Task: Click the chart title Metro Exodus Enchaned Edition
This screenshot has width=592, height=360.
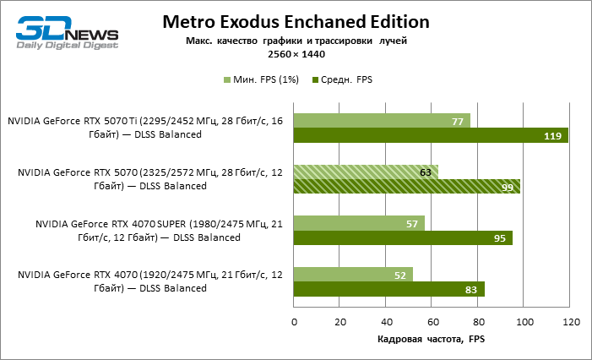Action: pos(296,21)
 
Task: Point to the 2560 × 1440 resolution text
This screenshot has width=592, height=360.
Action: pos(296,54)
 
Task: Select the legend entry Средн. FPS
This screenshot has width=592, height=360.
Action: pos(342,79)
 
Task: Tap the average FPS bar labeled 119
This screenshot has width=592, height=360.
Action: pos(431,135)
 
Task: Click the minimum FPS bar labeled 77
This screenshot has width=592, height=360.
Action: pos(382,122)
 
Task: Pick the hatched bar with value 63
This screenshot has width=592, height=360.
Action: pos(366,172)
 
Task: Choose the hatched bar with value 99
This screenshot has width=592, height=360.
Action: pos(407,187)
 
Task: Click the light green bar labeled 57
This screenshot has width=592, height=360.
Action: pos(359,224)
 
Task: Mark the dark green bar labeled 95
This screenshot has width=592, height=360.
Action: pos(403,238)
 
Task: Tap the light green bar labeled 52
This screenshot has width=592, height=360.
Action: pos(353,275)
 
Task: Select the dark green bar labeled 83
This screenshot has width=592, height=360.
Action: pos(388,289)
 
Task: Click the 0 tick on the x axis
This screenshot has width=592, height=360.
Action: pos(294,322)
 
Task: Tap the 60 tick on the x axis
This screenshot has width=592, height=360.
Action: pos(432,322)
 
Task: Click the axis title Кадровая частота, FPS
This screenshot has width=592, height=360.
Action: pos(431,340)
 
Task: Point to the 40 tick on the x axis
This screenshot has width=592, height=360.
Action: pos(386,322)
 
